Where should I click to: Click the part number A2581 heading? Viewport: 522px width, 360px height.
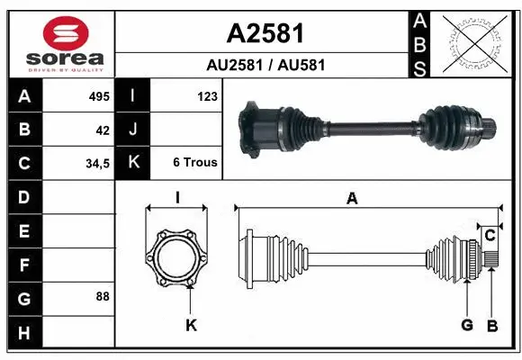(265, 33)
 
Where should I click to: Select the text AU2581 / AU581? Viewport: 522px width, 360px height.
(265, 66)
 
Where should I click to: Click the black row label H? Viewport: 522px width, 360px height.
(24, 334)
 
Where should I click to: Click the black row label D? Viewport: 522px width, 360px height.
(24, 196)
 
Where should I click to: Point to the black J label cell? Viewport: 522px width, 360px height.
(133, 130)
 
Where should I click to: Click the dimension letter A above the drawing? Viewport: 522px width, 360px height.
(352, 198)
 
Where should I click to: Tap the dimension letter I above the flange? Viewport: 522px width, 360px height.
(177, 198)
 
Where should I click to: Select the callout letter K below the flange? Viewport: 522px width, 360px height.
(191, 325)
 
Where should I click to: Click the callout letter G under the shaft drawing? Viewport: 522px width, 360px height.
(467, 325)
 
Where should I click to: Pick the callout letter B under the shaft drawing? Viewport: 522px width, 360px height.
(491, 325)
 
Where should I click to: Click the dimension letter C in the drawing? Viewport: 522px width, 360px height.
(490, 236)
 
